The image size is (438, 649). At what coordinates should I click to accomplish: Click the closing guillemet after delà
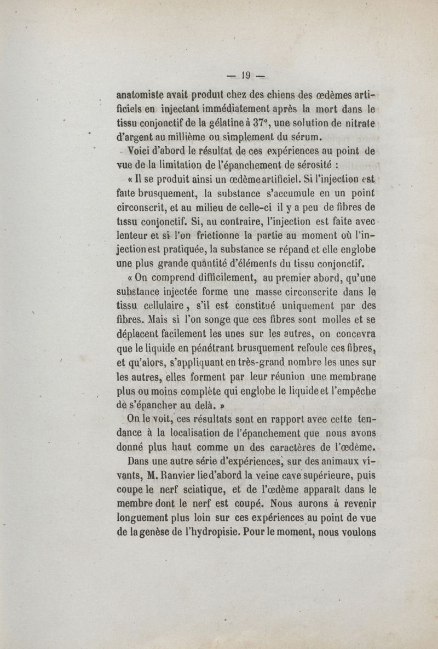tap(208, 407)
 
